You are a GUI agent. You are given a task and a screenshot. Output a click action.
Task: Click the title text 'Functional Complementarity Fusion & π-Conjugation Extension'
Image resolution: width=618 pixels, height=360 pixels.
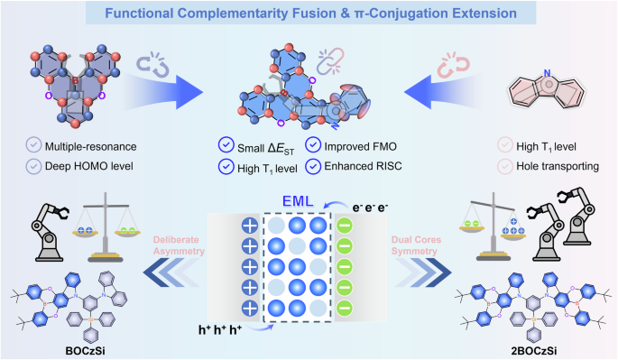(x=309, y=16)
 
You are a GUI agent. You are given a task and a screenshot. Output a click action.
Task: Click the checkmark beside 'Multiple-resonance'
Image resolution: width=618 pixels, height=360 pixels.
(x=33, y=144)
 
